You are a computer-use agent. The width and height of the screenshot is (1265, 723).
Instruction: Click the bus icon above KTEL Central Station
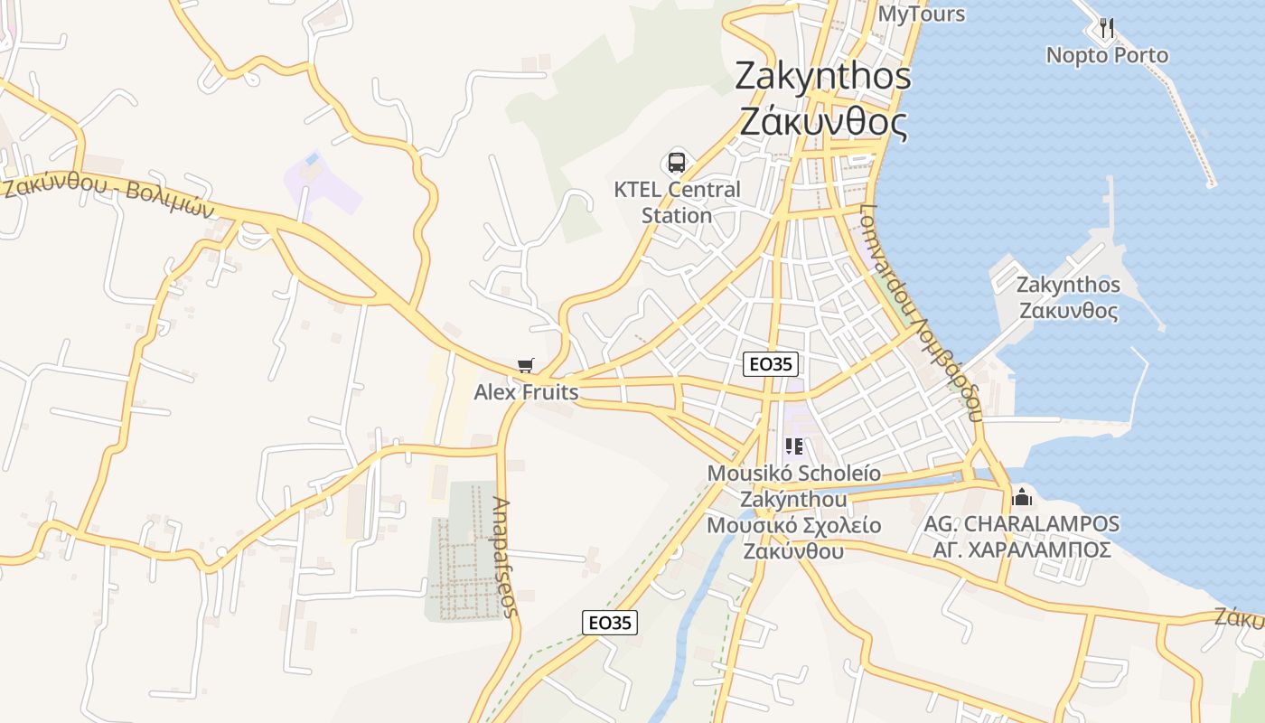tap(677, 163)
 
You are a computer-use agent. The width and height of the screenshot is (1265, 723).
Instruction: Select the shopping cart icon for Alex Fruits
tap(525, 366)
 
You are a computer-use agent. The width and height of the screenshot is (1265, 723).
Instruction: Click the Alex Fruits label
tap(526, 393)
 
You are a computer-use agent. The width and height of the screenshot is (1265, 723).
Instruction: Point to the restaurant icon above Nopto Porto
tap(1106, 28)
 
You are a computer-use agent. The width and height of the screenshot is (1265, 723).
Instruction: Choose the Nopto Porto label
tap(1107, 55)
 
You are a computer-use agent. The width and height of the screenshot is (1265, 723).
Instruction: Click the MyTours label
tap(922, 14)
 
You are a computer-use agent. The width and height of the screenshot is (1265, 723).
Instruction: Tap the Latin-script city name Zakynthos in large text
tap(823, 76)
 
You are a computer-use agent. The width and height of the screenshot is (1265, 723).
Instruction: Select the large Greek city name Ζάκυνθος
tap(823, 121)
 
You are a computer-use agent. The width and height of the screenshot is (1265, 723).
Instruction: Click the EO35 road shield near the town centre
tap(771, 364)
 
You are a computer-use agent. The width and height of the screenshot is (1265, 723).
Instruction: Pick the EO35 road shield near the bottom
tap(610, 622)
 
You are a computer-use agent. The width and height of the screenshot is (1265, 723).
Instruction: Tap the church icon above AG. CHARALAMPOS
tap(1022, 496)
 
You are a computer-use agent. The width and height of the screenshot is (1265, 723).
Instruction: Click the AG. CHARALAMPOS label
tap(1021, 523)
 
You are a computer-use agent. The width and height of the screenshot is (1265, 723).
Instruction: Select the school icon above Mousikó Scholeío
tap(794, 446)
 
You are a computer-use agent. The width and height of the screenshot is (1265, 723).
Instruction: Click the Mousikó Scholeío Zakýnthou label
tap(793, 486)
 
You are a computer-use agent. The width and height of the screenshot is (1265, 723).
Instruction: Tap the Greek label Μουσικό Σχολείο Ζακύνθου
tap(793, 539)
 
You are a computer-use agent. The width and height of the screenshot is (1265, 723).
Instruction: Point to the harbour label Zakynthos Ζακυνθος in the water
tap(1068, 298)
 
